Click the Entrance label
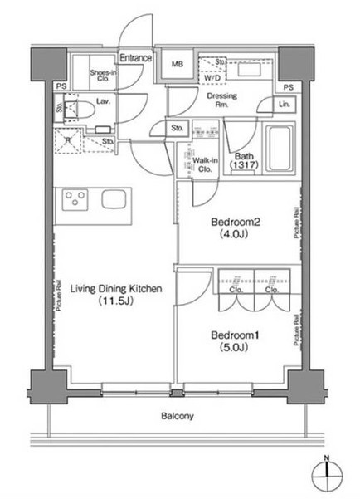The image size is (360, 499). tap(137, 58)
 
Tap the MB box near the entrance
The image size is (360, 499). tap(178, 65)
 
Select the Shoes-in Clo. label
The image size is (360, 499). tap(104, 76)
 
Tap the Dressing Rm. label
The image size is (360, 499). tap(221, 100)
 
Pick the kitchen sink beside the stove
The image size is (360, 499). tap(113, 200)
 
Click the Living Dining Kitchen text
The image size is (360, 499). tap(115, 289)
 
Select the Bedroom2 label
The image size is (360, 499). tap(236, 223)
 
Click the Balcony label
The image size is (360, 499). tap(177, 417)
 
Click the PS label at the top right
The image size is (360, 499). tap(288, 86)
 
